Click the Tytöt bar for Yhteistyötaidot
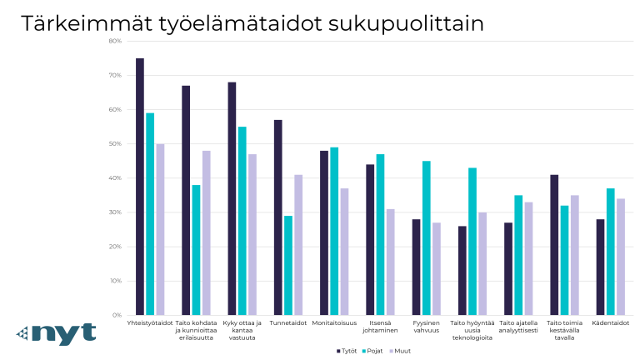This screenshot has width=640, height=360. click(140, 187)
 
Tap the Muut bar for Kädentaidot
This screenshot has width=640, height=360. click(620, 257)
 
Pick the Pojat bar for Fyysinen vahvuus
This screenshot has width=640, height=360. click(427, 237)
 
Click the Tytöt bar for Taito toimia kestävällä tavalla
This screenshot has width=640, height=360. click(554, 245)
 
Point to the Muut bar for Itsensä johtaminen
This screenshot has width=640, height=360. click(390, 262)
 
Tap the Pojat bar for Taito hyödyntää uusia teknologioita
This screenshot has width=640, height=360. click(472, 242)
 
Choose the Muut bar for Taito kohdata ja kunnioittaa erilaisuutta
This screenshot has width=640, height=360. click(206, 232)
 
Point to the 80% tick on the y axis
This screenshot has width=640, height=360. click(115, 41)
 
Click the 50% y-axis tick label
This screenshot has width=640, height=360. click(115, 144)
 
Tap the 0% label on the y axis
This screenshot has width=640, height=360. click(117, 315)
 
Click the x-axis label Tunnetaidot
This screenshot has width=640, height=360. click(288, 322)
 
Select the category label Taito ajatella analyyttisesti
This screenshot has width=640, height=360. click(518, 326)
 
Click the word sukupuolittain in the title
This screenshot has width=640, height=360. click(414, 23)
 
